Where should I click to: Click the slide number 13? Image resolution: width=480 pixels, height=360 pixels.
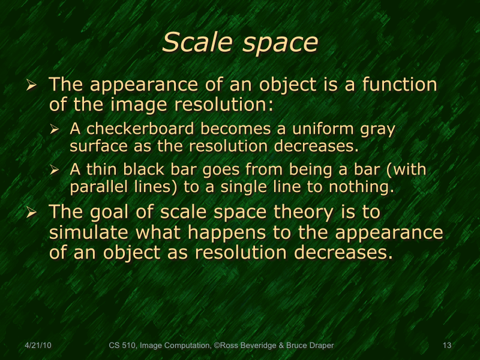[x=446, y=346]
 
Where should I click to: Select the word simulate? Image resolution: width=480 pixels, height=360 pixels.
[x=88, y=232]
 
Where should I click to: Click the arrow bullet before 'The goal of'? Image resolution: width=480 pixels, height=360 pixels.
[x=33, y=212]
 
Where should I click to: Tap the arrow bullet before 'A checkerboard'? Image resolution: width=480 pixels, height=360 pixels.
[x=55, y=129]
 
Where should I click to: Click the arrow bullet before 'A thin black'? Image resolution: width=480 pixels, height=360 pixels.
[x=55, y=170]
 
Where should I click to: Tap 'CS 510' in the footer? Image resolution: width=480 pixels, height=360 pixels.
[x=122, y=346]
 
